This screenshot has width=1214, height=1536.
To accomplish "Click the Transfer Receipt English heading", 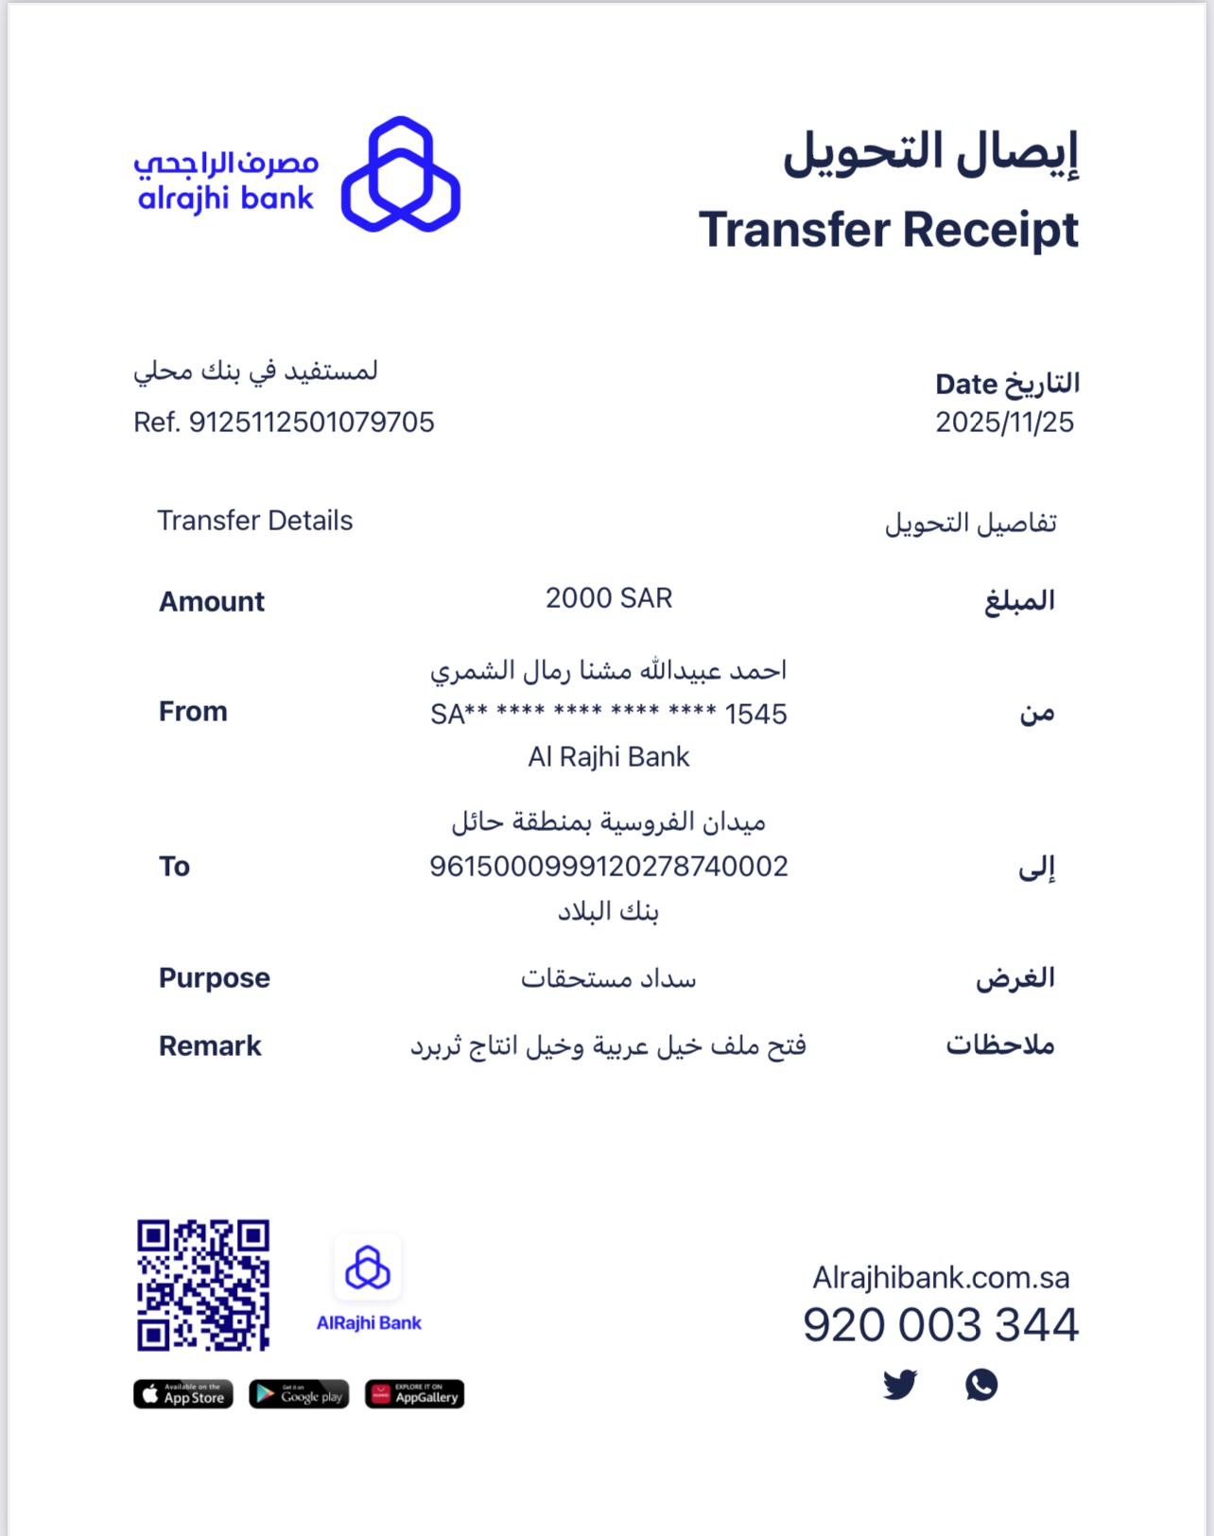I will pos(888,230).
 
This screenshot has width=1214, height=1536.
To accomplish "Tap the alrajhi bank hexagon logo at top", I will pos(401,175).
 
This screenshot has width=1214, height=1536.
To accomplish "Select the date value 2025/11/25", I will pos(1004,422).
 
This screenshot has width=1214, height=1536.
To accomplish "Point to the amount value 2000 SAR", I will pos(608,598).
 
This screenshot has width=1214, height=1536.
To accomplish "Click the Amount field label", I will pos(212,601).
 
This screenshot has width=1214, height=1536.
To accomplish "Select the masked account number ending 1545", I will pos(608,714).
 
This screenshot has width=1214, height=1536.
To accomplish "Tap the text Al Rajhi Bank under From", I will pos(608,757).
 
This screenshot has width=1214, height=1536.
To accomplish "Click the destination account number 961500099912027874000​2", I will pos(608,866).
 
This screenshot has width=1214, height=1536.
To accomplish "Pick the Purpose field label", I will pos(215,977).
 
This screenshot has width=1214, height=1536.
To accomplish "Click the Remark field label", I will pos(210,1045).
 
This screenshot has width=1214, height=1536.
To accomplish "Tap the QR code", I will pos(203,1285).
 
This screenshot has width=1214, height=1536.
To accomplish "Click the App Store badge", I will pos(183,1394).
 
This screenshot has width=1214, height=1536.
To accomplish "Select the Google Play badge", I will pos(299,1394).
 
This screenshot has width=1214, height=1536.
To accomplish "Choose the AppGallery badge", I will pos(414,1394).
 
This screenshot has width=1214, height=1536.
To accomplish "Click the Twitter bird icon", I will pos(900,1385).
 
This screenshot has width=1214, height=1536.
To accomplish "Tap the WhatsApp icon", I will pos(981,1385).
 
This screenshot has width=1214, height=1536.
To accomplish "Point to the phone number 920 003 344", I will pos(940,1324).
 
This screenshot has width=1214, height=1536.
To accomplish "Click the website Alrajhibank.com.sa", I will pos(941,1278).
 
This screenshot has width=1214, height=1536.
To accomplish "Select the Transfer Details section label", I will pos(254,521).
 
